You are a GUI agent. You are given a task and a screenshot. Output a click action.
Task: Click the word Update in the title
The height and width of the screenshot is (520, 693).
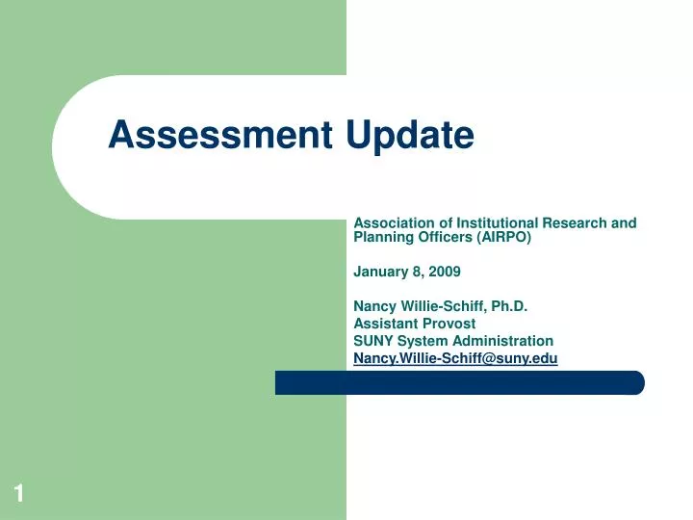[x=410, y=137]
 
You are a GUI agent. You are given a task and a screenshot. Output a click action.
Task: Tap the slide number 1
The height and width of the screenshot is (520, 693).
[x=18, y=494]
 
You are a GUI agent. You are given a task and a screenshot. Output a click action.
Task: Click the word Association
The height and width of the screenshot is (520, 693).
[x=394, y=222]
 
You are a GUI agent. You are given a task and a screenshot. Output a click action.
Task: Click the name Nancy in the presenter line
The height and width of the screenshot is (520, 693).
[x=374, y=306]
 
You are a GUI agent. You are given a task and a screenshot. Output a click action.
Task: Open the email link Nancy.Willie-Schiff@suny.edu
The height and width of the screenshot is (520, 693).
[x=455, y=358]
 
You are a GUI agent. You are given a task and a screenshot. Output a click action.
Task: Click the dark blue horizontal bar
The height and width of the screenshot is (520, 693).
[x=459, y=382]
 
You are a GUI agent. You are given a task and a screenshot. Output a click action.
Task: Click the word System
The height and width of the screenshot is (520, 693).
[x=425, y=341]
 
